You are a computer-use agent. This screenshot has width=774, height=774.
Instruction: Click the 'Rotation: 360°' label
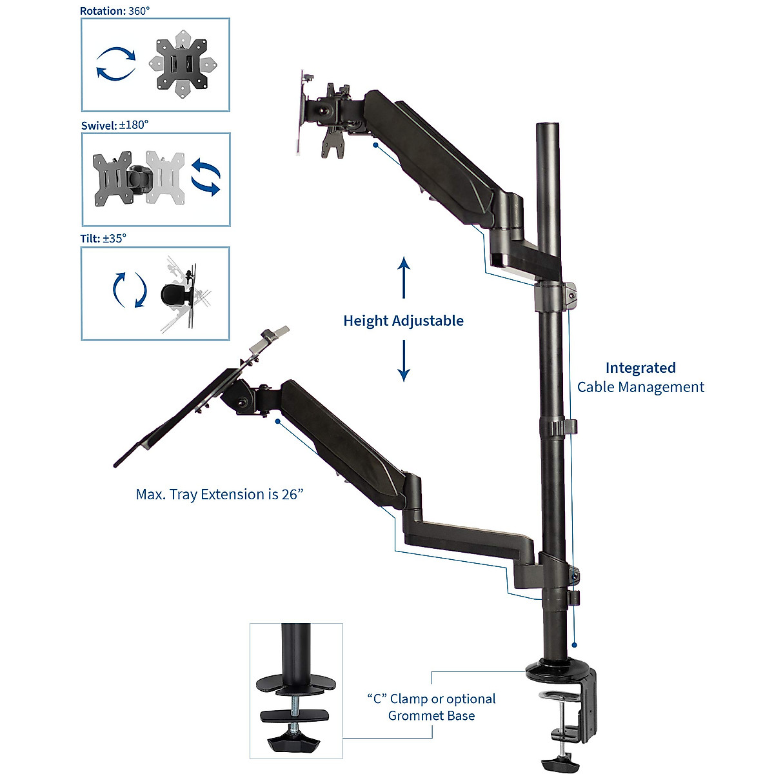click(x=114, y=11)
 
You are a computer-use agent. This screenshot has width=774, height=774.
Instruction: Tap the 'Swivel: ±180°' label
click(x=114, y=125)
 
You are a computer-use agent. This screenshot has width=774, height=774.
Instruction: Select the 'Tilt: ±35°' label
click(x=103, y=239)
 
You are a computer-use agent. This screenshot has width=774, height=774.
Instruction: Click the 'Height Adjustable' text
click(x=403, y=321)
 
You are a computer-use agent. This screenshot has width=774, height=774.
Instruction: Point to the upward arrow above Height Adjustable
click(x=404, y=277)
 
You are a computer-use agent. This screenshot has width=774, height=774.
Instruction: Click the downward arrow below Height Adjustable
click(x=404, y=361)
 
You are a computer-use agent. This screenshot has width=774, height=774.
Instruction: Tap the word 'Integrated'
click(x=640, y=368)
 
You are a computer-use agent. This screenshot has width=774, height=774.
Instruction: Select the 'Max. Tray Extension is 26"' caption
click(x=219, y=495)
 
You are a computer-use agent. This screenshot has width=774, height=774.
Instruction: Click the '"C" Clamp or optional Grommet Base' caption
click(x=432, y=707)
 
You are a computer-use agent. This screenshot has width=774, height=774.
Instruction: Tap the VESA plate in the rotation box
click(x=183, y=64)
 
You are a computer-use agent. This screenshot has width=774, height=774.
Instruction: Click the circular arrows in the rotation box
click(x=116, y=64)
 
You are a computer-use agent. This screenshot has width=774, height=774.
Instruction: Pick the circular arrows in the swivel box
click(x=206, y=178)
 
